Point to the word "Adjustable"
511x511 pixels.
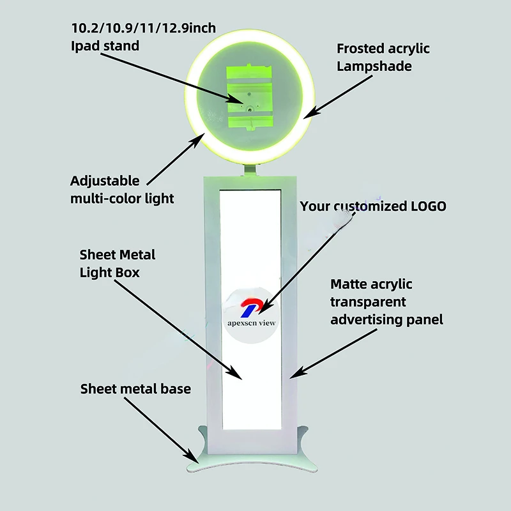point(104,181)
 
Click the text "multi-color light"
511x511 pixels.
point(122,198)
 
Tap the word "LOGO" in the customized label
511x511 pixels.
point(427,206)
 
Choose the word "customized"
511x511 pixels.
point(368,206)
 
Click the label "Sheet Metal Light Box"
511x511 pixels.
point(117,263)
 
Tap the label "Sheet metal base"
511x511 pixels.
point(135,388)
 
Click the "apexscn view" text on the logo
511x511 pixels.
point(251,323)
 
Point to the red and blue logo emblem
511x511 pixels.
point(248,307)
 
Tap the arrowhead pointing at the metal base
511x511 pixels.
point(194,457)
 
